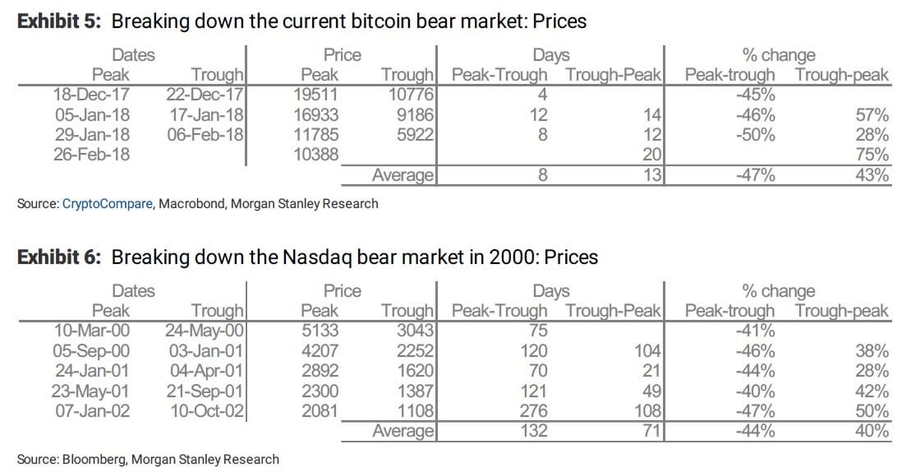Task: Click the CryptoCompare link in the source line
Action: pos(107,203)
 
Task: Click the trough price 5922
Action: pos(414,134)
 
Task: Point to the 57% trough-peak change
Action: pos(872,115)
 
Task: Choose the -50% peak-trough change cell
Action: pos(756,134)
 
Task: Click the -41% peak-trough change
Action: pos(756,331)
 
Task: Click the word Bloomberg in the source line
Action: pos(92,459)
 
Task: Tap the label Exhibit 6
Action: pos(58,257)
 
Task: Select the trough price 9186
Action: pos(414,115)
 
